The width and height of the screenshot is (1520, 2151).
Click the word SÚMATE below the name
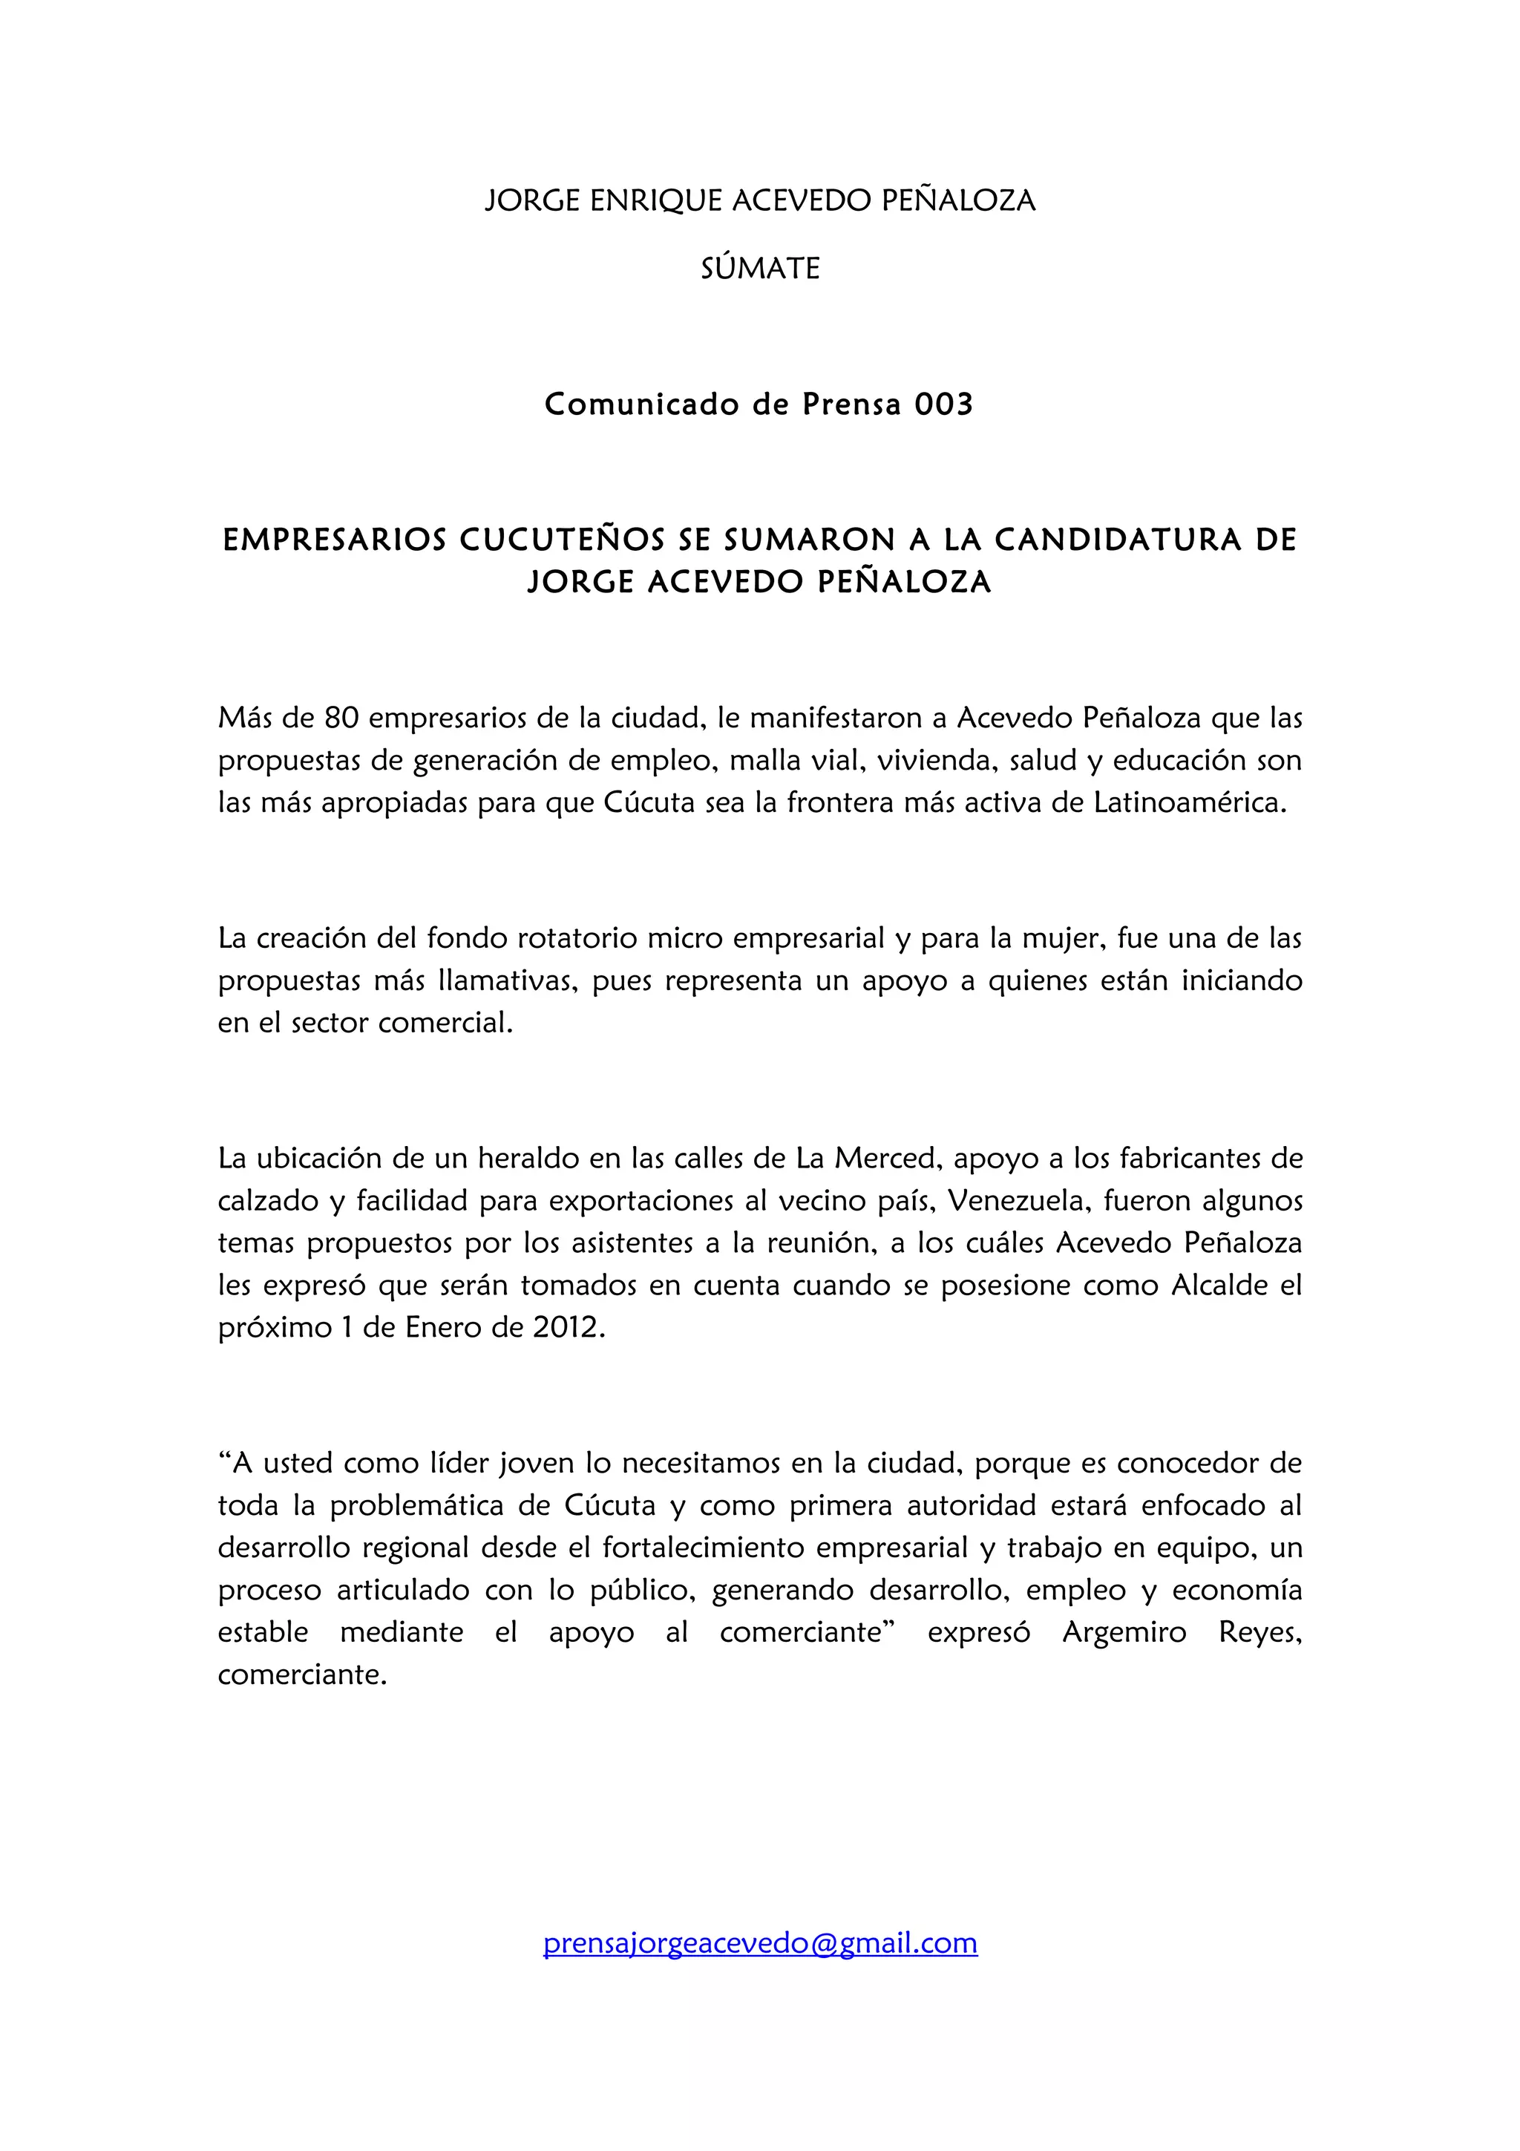tap(759, 269)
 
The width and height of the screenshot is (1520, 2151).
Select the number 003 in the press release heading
tap(943, 404)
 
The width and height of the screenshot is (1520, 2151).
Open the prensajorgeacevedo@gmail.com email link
tap(759, 1943)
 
